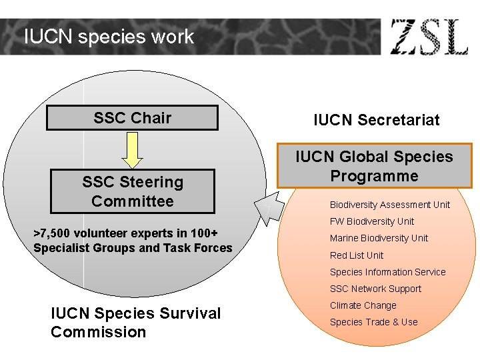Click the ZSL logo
[x=429, y=37]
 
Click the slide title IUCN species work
[x=109, y=37]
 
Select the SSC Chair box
[x=132, y=118]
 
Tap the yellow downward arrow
[x=133, y=149]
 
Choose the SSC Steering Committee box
[x=132, y=191]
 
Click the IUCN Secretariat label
[x=377, y=120]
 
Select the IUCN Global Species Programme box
[x=374, y=166]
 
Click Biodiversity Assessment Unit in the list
[x=389, y=205]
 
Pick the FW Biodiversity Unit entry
[x=371, y=221]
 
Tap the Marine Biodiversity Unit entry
[x=379, y=238]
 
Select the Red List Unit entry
[x=357, y=255]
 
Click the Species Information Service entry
[x=387, y=272]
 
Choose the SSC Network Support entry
[x=375, y=289]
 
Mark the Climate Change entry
[x=363, y=305]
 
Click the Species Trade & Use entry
[x=373, y=322]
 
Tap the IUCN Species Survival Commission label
[x=135, y=323]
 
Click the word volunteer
[x=97, y=233]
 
